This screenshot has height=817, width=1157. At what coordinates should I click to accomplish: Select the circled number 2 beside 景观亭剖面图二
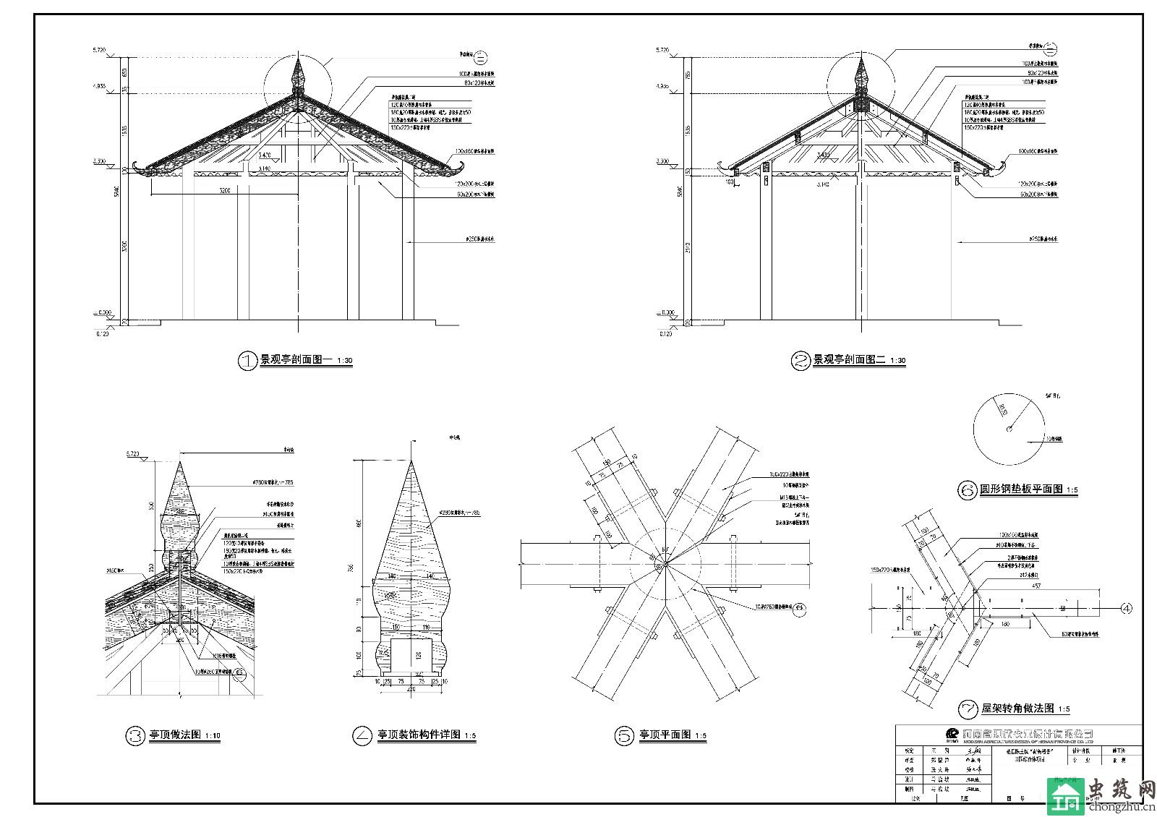tap(800, 360)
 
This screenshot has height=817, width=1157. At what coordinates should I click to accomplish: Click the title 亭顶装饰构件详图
tap(419, 736)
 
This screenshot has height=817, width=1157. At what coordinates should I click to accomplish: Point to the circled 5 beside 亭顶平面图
tap(624, 736)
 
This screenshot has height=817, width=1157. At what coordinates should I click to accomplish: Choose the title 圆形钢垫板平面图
tap(1021, 489)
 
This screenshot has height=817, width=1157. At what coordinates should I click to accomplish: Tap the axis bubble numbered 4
tap(1126, 608)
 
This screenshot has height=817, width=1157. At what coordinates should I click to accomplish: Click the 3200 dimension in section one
tap(225, 192)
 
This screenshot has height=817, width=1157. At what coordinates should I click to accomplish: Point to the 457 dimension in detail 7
tap(1037, 586)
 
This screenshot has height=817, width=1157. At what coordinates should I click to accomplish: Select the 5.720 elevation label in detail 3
tap(133, 454)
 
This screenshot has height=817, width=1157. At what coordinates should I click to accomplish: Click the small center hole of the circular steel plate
tap(1008, 430)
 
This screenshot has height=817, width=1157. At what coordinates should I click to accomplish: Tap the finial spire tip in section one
tap(296, 61)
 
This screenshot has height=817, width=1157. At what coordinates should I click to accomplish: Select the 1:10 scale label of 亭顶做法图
tap(212, 737)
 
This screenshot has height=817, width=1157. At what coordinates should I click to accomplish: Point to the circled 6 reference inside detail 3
tap(241, 672)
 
